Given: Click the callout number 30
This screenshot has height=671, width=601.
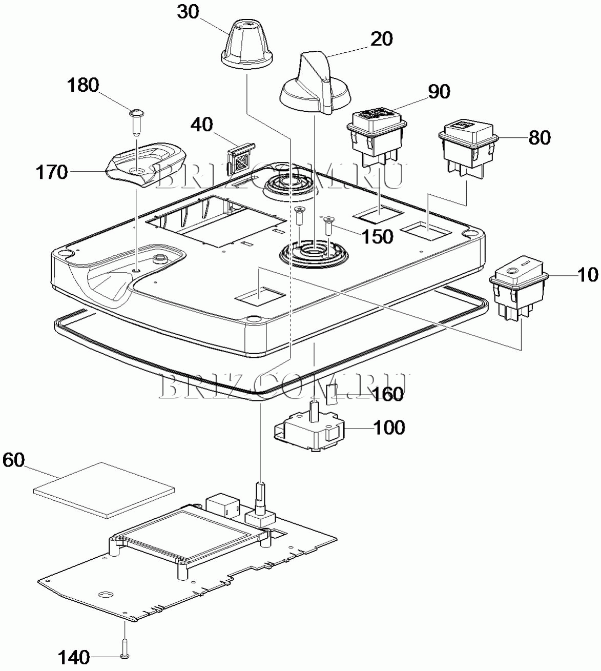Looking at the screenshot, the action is (x=188, y=12).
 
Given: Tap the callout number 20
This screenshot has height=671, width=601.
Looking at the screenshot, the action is (x=382, y=39).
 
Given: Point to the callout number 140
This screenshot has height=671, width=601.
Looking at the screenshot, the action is (x=74, y=657).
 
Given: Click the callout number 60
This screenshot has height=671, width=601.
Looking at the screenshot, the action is (x=13, y=460).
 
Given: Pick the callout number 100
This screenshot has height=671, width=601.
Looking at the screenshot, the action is (x=389, y=427).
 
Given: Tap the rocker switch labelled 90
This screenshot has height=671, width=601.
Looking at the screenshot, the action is (x=377, y=138).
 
